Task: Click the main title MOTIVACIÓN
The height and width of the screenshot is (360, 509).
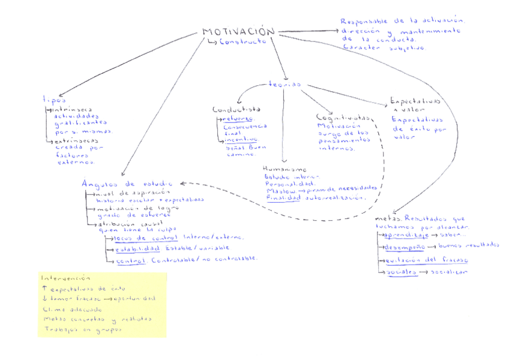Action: click(238, 32)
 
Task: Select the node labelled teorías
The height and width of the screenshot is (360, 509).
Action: click(285, 85)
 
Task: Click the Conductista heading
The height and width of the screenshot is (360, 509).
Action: click(236, 110)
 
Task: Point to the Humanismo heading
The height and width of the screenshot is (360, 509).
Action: click(285, 170)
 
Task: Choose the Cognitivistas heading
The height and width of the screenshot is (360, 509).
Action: click(342, 118)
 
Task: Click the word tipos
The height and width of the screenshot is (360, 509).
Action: click(54, 100)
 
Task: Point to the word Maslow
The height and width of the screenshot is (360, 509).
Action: click(277, 191)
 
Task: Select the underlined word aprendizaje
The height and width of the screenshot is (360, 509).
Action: click(405, 236)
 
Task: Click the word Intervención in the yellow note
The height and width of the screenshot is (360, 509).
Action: click(66, 279)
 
